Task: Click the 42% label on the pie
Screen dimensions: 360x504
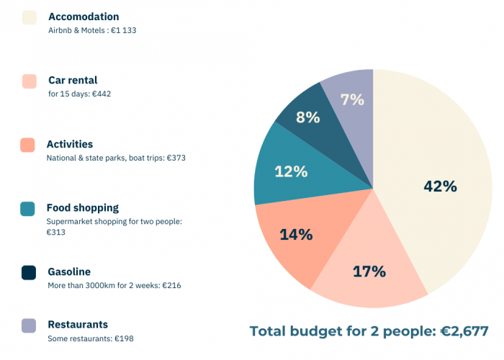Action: [x=440, y=186]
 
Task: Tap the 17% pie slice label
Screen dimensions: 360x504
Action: [x=369, y=271]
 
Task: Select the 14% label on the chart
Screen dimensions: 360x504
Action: [x=296, y=234]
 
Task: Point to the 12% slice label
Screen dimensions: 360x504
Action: [x=291, y=171]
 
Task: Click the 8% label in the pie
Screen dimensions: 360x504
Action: [x=307, y=117]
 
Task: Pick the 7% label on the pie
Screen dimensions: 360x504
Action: [x=352, y=99]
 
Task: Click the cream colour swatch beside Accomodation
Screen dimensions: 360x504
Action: [x=29, y=17]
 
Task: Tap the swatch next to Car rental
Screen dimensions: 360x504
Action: [x=29, y=81]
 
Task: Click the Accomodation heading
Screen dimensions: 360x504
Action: [x=84, y=17]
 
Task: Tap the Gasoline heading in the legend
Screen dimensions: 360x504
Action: [x=69, y=271]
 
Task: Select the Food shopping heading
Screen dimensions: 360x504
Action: [x=83, y=208]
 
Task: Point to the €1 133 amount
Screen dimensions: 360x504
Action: [x=124, y=30]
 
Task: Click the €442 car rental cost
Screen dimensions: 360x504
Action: [x=102, y=94]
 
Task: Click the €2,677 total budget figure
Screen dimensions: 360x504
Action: [x=464, y=331]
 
